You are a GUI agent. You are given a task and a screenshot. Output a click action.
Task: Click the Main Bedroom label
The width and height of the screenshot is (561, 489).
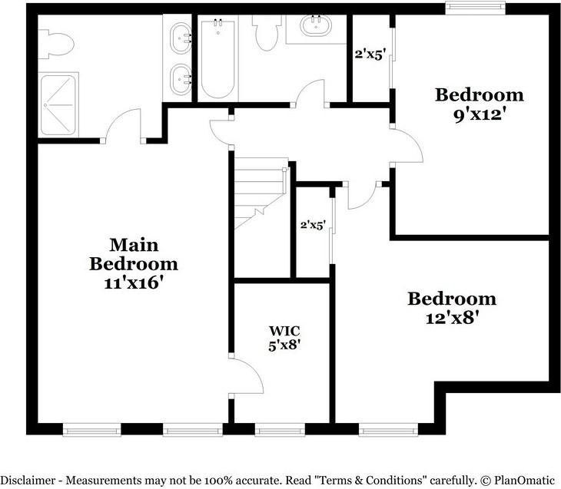tap(134, 255)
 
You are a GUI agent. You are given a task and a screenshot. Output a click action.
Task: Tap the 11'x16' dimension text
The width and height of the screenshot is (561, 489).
tap(134, 282)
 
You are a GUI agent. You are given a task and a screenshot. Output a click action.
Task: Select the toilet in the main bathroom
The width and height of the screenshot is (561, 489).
tap(56, 43)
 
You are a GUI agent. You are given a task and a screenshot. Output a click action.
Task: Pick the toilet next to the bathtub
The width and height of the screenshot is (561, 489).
tap(266, 32)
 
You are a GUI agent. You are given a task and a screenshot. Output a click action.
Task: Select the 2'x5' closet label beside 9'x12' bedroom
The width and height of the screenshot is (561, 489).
tap(368, 54)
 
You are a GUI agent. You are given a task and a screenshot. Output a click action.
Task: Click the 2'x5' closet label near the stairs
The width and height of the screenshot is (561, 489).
tap(313, 225)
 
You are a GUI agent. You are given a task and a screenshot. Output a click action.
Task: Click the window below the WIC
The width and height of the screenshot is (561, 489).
tap(280, 430)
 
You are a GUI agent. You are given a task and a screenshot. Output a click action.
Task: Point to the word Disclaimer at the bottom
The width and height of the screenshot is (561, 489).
tap(31, 480)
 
